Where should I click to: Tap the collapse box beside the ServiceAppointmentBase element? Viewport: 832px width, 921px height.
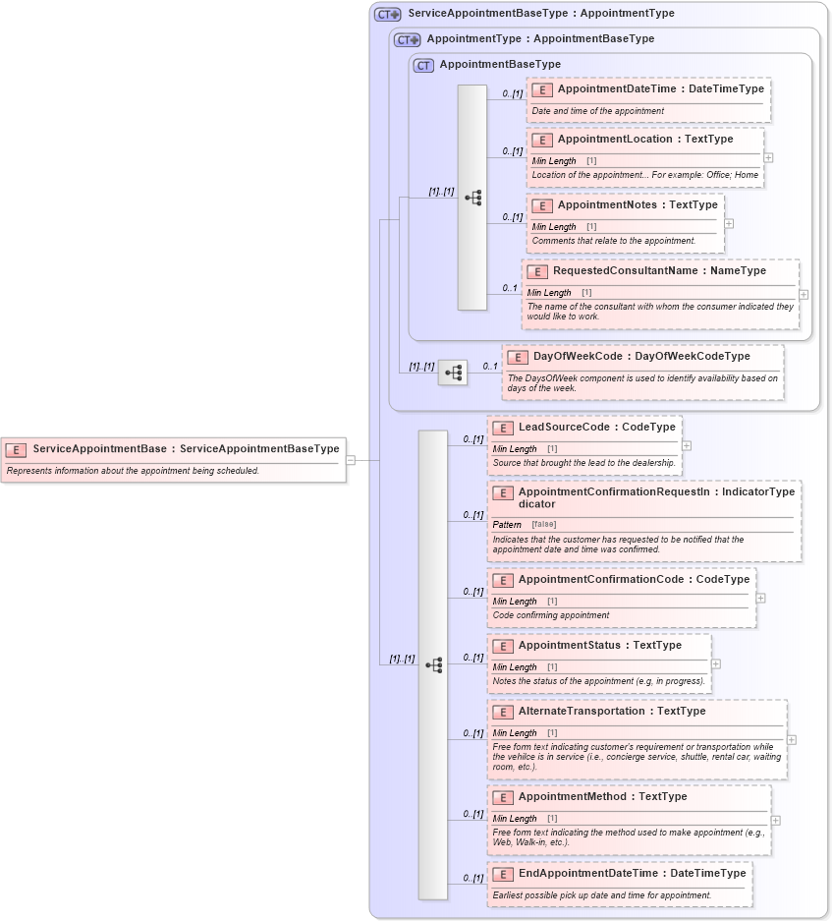click(351, 459)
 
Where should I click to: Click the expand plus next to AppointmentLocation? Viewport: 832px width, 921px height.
click(768, 157)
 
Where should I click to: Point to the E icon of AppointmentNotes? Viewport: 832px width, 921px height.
click(541, 205)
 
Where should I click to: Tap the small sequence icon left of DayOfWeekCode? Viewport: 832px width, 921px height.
click(453, 373)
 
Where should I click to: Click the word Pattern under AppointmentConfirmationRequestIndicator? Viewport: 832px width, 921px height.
click(507, 525)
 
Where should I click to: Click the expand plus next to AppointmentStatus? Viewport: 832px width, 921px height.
click(715, 664)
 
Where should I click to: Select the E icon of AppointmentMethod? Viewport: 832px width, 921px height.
click(502, 797)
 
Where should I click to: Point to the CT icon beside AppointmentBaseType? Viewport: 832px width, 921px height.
click(423, 65)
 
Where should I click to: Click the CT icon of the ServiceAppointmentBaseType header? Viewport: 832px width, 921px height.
click(388, 14)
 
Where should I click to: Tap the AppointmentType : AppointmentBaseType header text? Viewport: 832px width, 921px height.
click(539, 39)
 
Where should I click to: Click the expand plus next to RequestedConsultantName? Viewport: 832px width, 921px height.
click(804, 294)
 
